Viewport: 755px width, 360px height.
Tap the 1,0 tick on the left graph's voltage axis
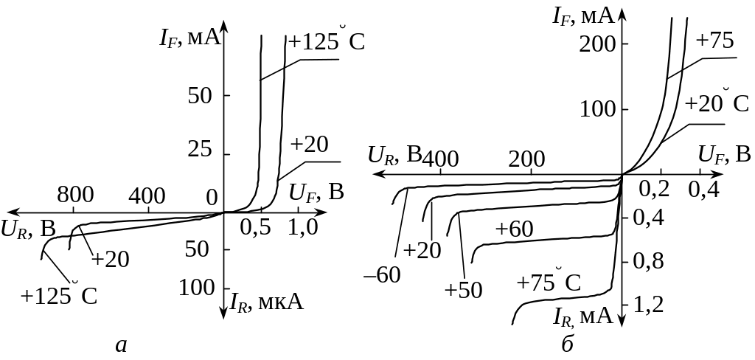(302, 227)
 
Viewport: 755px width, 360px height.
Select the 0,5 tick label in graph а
(255, 227)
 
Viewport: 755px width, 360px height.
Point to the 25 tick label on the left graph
(200, 150)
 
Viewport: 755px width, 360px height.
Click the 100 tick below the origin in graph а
(200, 288)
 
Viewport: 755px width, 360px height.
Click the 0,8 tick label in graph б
(648, 260)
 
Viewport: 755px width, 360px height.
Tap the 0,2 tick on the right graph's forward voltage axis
(660, 189)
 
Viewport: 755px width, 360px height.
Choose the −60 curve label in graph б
(383, 275)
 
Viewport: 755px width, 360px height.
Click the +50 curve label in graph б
(463, 289)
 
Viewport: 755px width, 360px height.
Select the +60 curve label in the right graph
(514, 229)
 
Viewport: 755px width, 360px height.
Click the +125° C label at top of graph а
(327, 41)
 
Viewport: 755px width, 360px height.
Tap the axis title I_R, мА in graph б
(583, 316)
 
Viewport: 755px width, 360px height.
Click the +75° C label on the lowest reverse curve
(549, 282)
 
